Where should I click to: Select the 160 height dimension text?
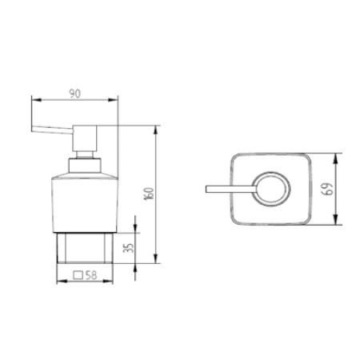coord(149,194)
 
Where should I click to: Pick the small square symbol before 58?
coord(79,274)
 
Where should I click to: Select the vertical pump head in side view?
coord(84,141)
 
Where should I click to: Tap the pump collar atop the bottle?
coord(84,166)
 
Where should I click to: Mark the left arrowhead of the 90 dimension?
coord(34,102)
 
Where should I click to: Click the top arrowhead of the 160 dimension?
coord(155,128)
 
